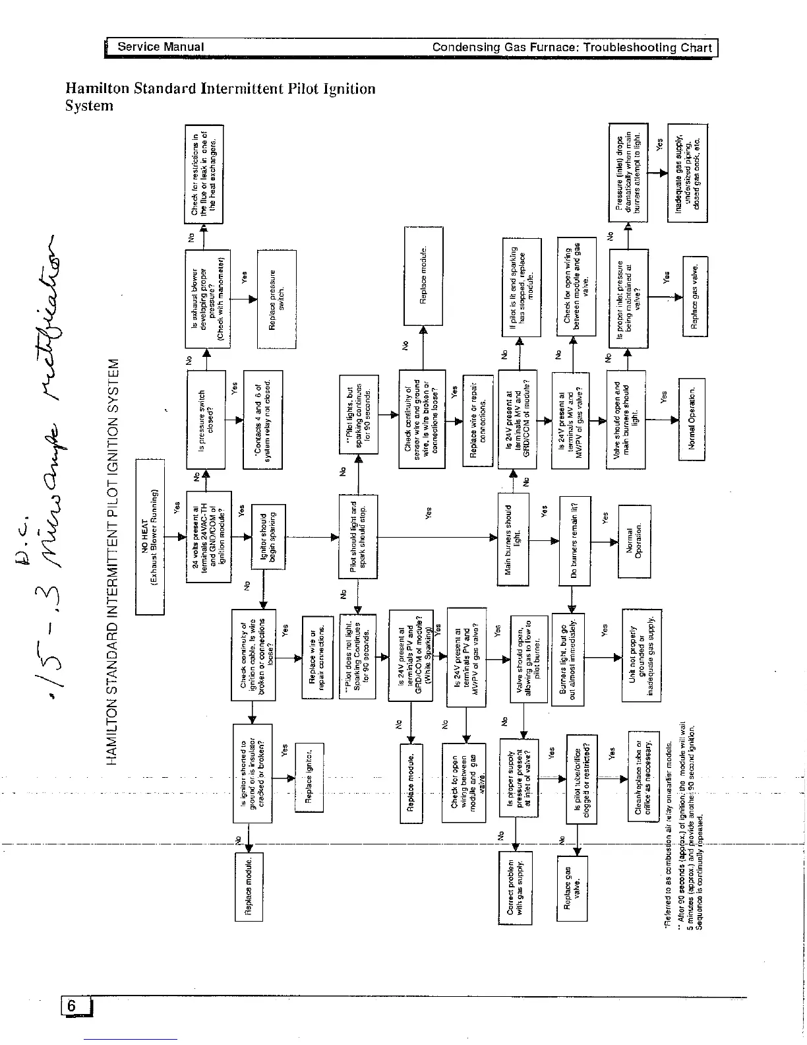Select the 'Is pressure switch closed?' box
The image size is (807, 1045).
[206, 420]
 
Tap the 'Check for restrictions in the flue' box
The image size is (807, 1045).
[204, 174]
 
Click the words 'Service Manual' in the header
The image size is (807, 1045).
[160, 47]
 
